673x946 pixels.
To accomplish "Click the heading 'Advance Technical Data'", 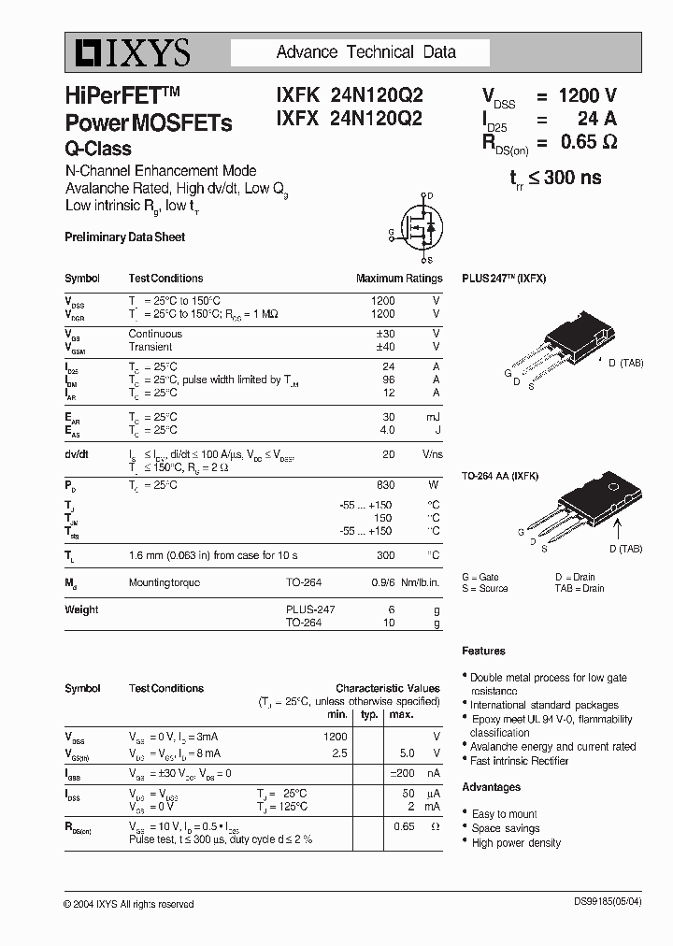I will [x=366, y=52].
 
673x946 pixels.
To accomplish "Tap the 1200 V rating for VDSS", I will [x=587, y=95].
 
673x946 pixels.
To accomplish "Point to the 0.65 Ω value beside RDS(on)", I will [x=588, y=142].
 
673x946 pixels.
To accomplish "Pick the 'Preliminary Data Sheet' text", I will [x=124, y=237].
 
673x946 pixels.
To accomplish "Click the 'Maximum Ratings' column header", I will [x=399, y=279].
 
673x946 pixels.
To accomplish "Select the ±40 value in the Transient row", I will [x=384, y=347].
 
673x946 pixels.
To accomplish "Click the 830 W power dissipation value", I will [x=385, y=485].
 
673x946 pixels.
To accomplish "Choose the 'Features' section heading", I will [x=483, y=651].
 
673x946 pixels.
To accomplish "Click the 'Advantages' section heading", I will [x=491, y=787].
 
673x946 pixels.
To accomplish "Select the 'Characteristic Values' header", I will [x=388, y=688].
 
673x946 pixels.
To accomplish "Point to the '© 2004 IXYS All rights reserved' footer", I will [x=129, y=904].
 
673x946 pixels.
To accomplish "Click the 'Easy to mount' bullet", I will [x=505, y=814].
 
